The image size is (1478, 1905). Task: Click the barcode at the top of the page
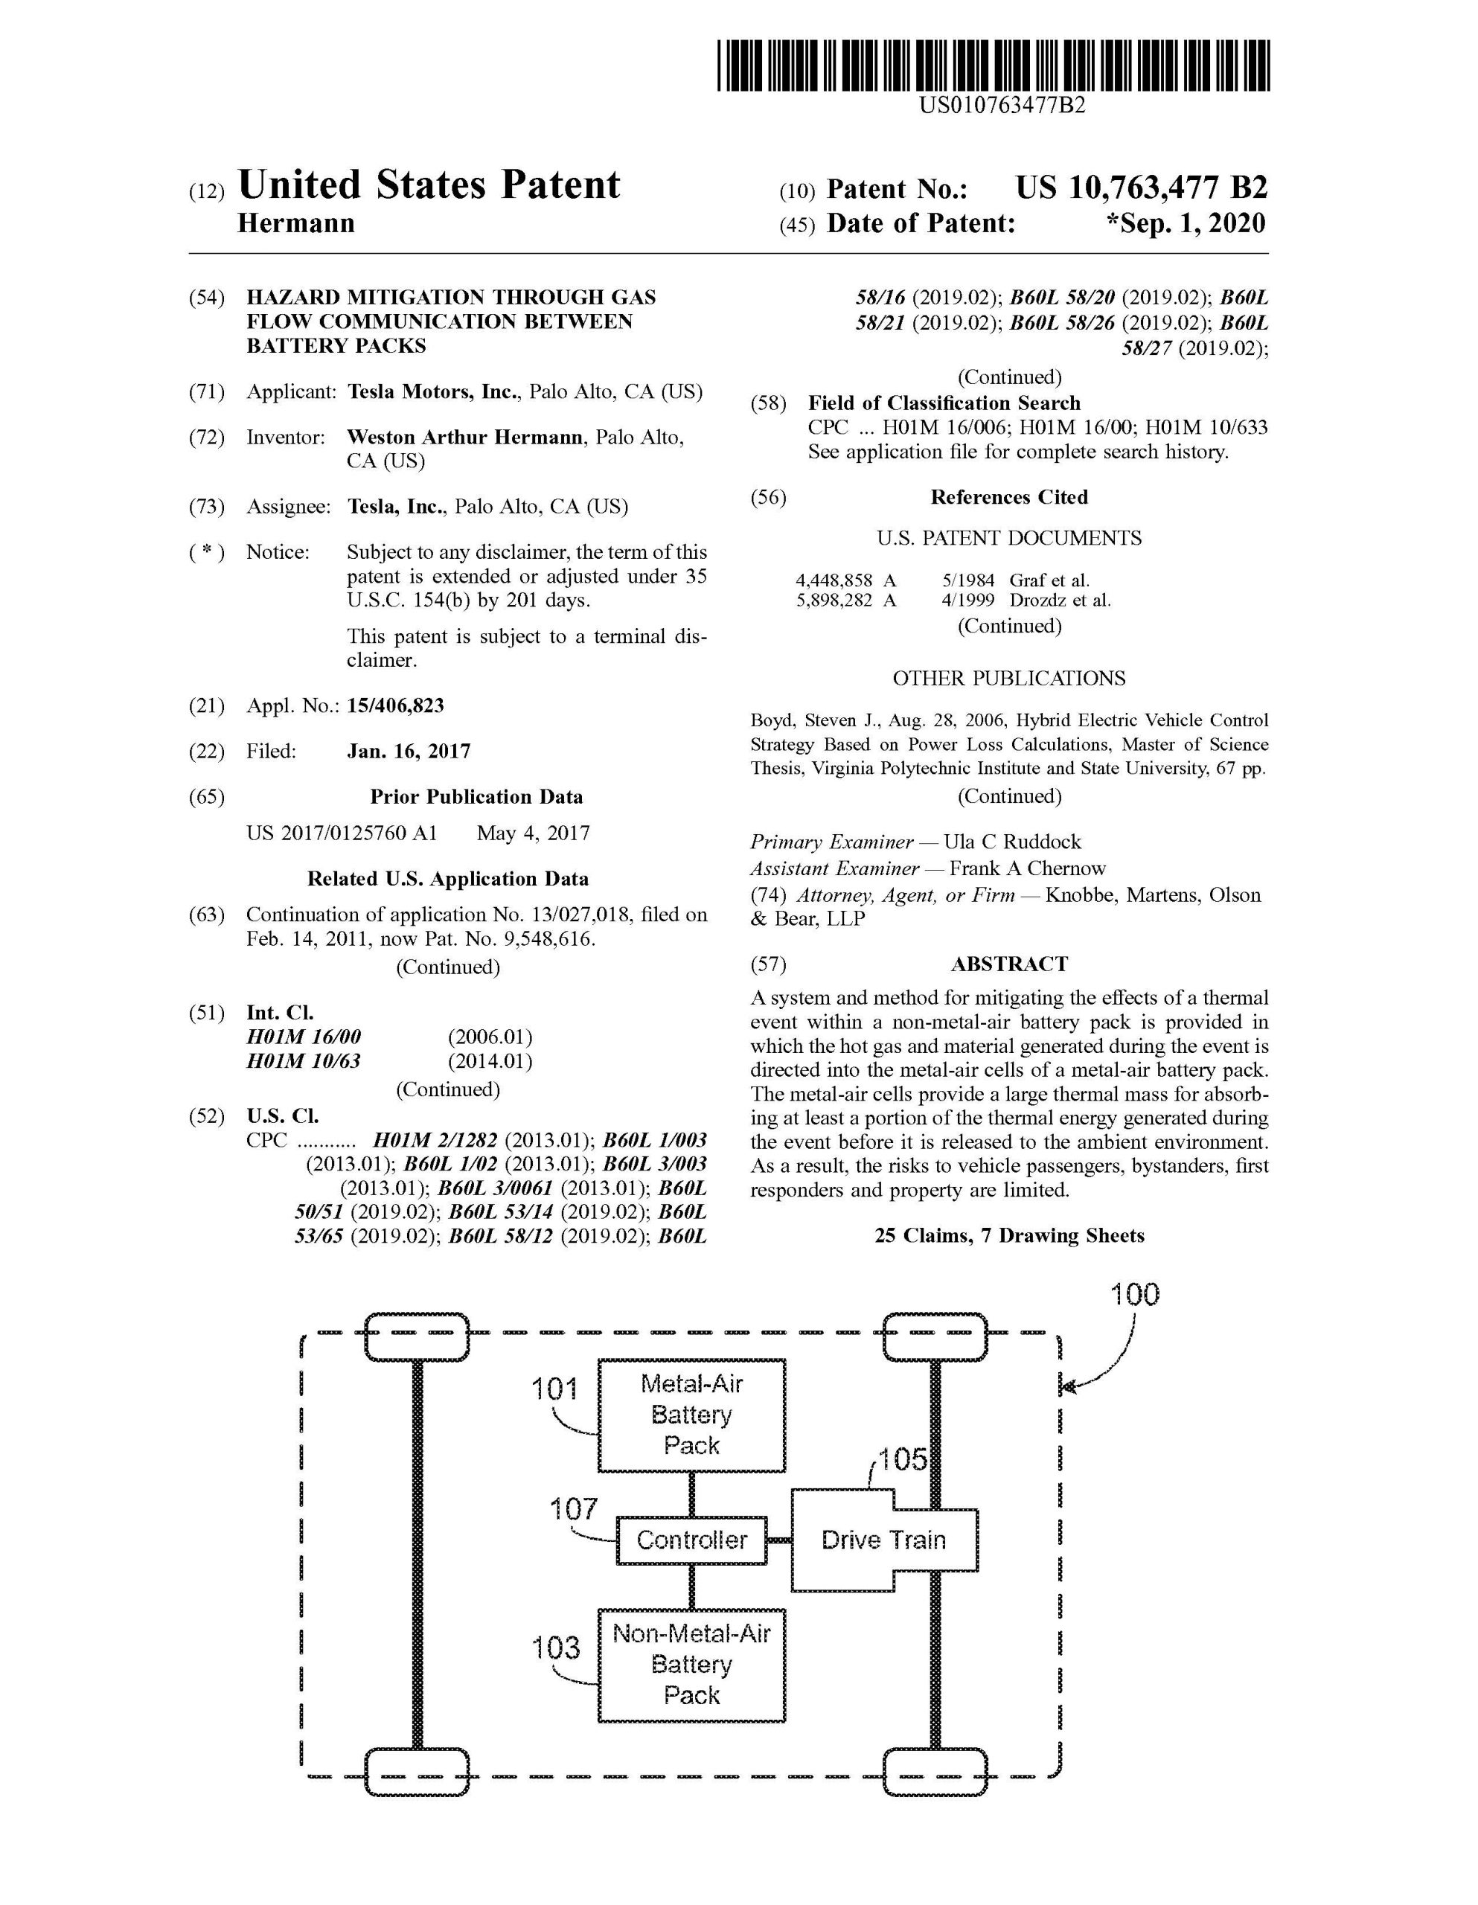tap(994, 65)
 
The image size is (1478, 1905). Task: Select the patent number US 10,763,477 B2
tap(1141, 188)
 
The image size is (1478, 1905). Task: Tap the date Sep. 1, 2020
tap(1186, 223)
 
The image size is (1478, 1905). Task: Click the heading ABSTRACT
tap(1009, 964)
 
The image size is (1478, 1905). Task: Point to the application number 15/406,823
tap(395, 705)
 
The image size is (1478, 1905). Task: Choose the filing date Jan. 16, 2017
tap(409, 751)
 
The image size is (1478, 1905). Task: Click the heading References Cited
tap(1009, 497)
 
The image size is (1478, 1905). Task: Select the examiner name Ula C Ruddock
tap(1012, 842)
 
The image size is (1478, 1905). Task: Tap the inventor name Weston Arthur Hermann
tap(464, 437)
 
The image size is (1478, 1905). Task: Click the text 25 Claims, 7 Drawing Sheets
tap(1009, 1235)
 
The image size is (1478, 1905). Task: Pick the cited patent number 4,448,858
tap(834, 580)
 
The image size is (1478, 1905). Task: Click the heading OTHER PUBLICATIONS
tap(1009, 679)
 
